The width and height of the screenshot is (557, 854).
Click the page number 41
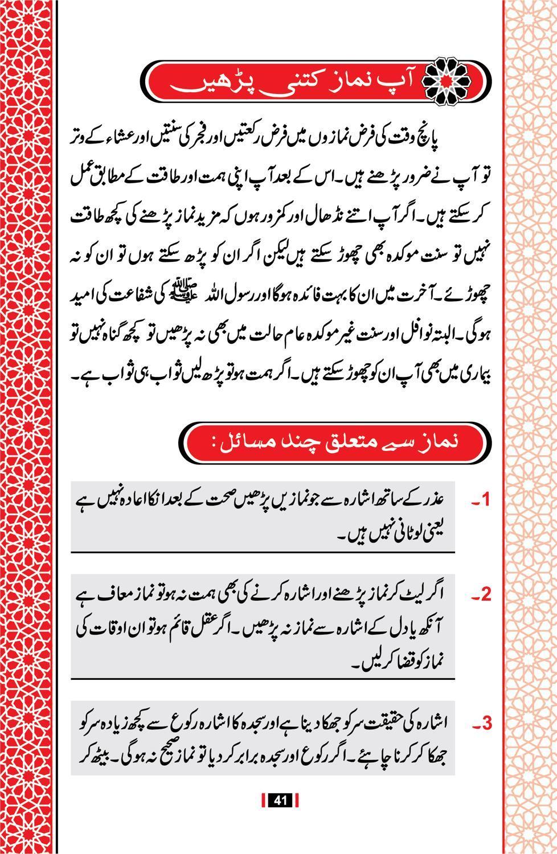[279, 800]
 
